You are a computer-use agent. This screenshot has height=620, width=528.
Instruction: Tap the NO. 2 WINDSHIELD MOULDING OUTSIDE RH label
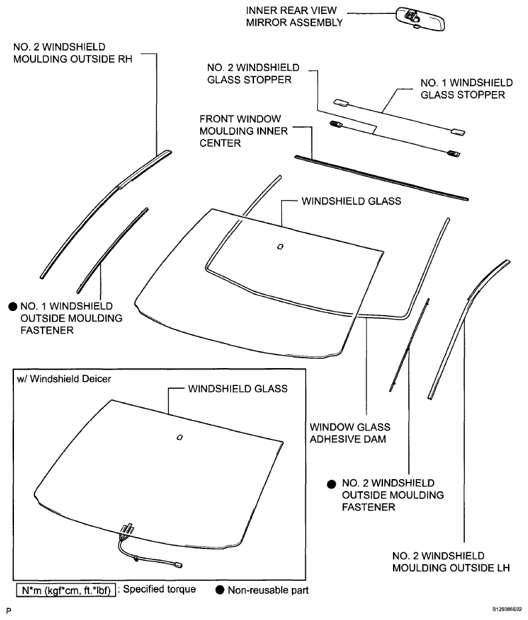(x=73, y=53)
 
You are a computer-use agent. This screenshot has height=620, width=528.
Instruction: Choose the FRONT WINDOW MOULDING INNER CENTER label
(x=243, y=131)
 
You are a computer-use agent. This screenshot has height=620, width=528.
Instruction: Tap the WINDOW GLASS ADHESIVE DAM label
(x=350, y=433)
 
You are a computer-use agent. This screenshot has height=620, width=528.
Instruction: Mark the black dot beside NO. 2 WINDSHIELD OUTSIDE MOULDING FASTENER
(x=331, y=484)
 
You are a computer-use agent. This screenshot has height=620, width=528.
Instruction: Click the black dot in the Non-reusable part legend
(x=219, y=590)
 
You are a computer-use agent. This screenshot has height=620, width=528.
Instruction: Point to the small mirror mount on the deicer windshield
(x=180, y=437)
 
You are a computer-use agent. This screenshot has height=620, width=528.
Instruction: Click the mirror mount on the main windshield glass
(x=280, y=247)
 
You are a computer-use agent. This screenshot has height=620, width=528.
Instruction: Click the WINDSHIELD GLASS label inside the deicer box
(x=237, y=389)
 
